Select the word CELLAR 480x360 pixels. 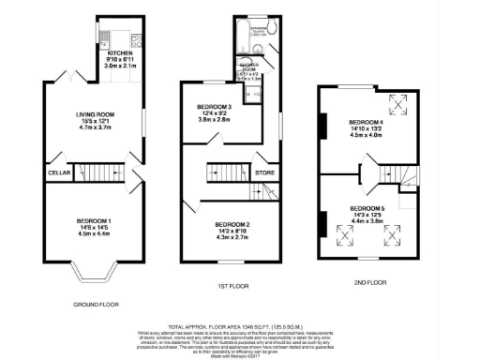click(x=58, y=172)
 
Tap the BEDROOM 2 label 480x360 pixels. click(x=232, y=224)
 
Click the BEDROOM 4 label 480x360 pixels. click(x=368, y=122)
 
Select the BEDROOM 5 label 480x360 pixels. click(x=367, y=207)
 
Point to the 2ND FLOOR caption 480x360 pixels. click(x=369, y=281)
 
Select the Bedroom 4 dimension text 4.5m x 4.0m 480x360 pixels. click(x=368, y=135)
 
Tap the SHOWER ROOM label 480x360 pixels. click(x=249, y=68)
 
